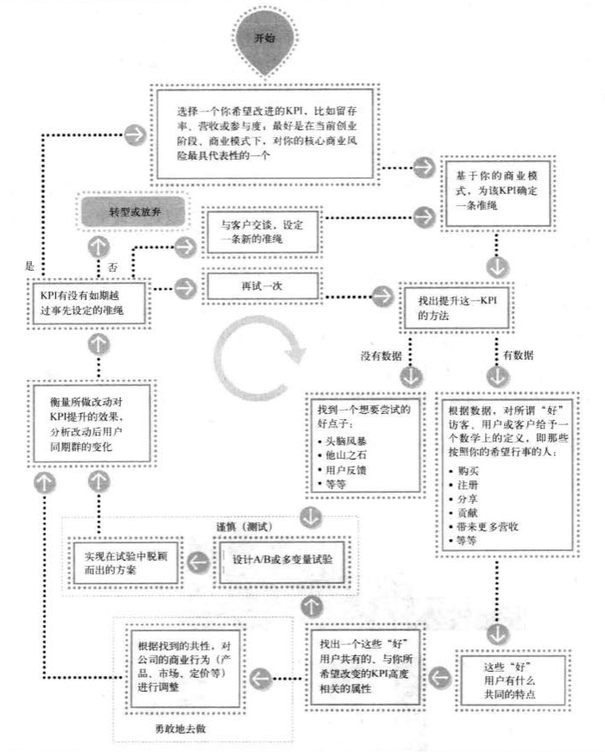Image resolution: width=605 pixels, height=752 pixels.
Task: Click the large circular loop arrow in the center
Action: [261, 368]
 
